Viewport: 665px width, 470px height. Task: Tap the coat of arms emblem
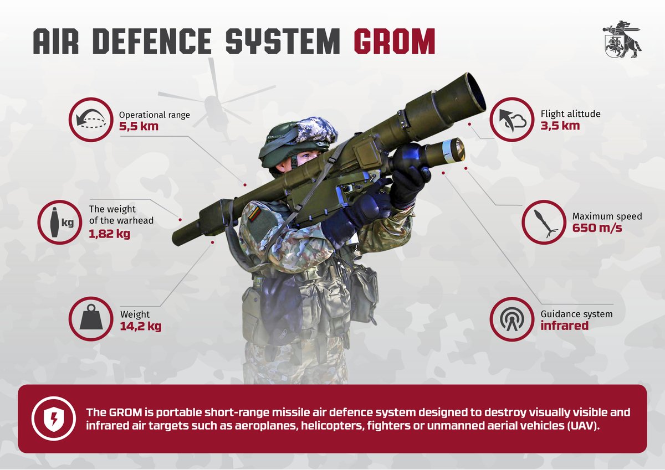pyautogui.click(x=622, y=39)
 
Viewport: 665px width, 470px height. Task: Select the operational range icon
pyautogui.click(x=91, y=120)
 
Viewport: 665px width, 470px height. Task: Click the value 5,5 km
pyautogui.click(x=139, y=126)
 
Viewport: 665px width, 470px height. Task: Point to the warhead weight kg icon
pyautogui.click(x=60, y=222)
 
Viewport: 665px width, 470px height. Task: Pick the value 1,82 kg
pyautogui.click(x=109, y=234)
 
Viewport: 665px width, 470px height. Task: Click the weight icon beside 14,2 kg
pyautogui.click(x=91, y=318)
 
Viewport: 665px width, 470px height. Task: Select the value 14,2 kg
pyautogui.click(x=140, y=326)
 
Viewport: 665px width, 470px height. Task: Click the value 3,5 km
pyautogui.click(x=560, y=126)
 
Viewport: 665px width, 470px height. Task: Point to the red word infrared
pyautogui.click(x=564, y=326)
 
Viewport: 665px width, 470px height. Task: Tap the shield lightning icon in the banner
pyautogui.click(x=53, y=419)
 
